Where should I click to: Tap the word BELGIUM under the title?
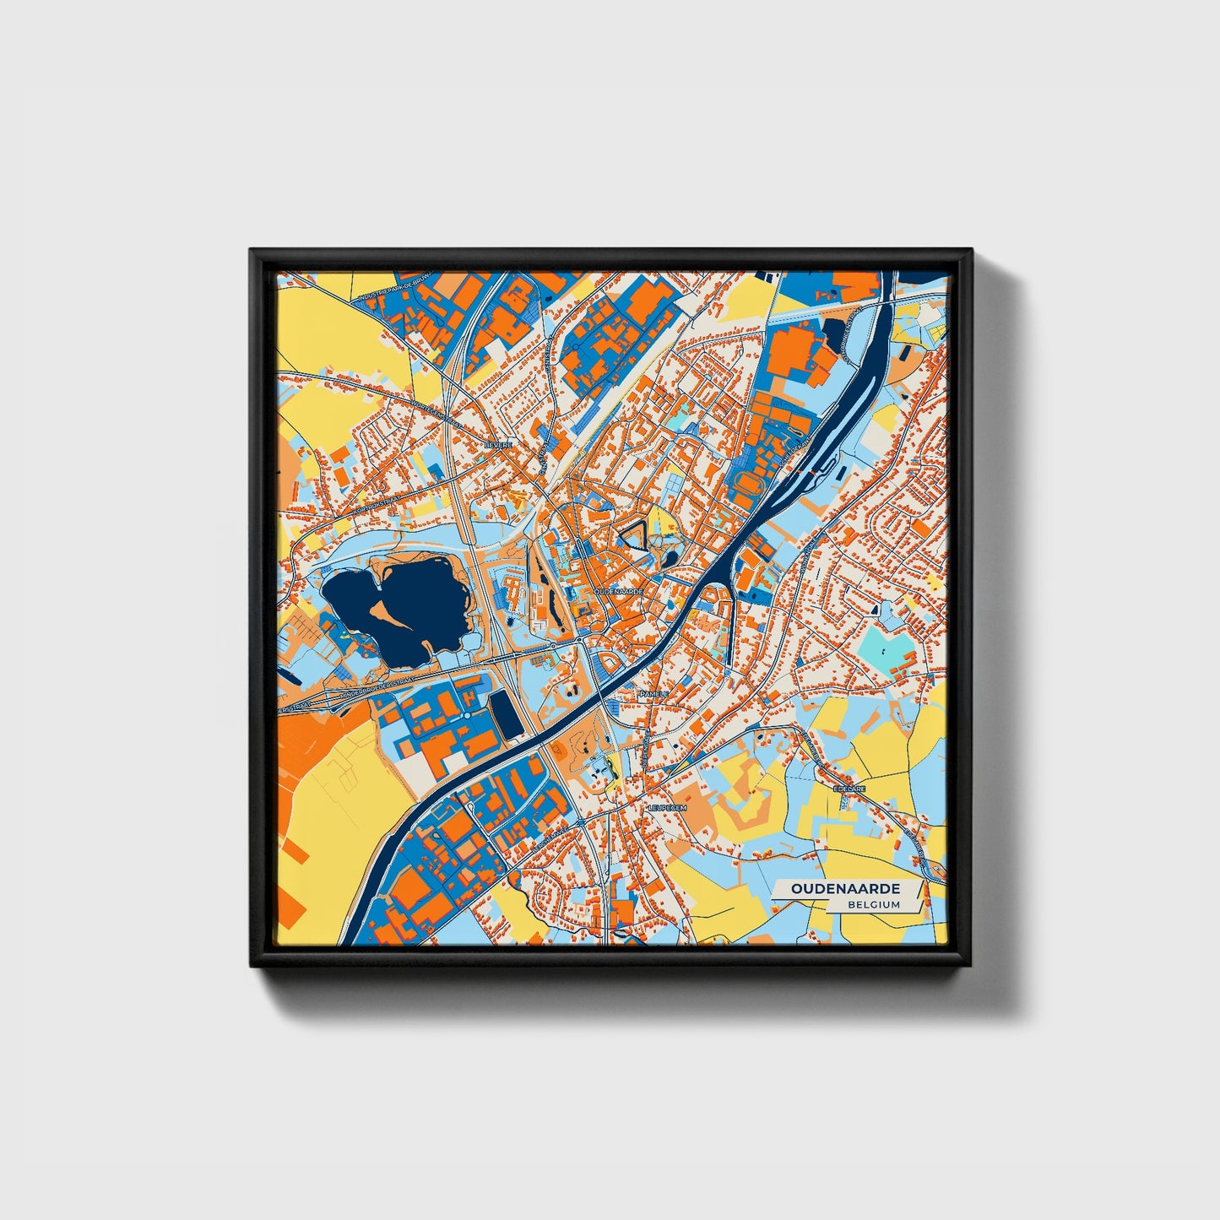[x=874, y=904]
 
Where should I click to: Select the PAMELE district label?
[x=653, y=693]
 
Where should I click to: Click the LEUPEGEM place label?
[x=668, y=808]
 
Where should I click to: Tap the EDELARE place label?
[x=850, y=789]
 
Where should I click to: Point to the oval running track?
[x=749, y=485]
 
